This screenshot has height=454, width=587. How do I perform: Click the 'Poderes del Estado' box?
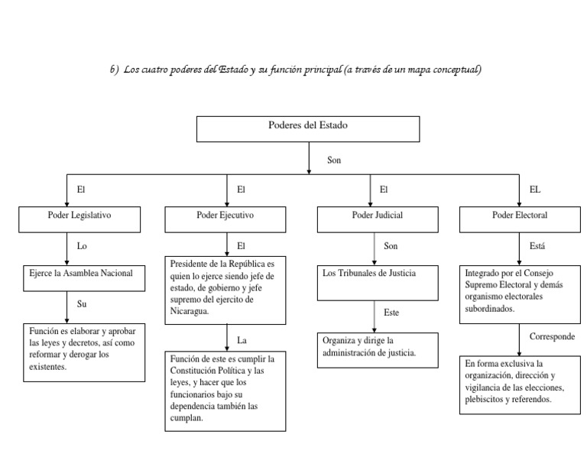308,128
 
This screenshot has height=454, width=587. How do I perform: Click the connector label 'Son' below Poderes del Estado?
333,161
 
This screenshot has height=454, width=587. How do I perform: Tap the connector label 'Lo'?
83,246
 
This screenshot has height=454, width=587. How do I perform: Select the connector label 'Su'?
83,303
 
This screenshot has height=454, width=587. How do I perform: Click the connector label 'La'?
242,339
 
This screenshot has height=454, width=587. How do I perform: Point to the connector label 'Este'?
391,313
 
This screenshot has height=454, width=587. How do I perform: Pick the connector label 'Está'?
537,246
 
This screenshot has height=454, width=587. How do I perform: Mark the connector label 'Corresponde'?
552,336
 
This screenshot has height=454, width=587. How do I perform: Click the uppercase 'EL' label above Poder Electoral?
535,189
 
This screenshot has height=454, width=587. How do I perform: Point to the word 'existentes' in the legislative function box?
47,367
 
